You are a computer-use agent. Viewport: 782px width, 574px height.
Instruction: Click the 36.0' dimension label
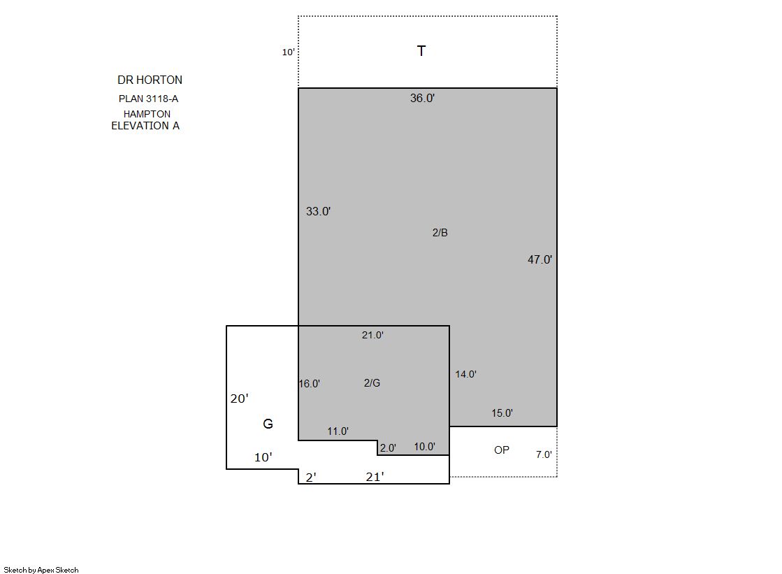click(422, 98)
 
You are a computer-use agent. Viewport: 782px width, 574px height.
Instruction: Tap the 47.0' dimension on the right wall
click(540, 259)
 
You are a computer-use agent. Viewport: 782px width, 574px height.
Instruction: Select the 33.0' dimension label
click(318, 211)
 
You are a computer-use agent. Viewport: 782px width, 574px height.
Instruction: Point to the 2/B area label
click(440, 233)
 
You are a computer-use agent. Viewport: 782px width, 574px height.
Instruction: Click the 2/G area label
click(372, 383)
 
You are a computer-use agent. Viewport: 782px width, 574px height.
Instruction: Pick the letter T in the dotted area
click(421, 51)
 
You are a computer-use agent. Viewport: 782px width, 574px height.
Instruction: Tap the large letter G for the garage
click(268, 424)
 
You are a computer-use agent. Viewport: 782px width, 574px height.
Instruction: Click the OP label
click(502, 450)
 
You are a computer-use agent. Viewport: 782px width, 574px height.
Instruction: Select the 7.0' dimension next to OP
click(544, 454)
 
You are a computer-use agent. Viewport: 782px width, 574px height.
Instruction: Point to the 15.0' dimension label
click(502, 412)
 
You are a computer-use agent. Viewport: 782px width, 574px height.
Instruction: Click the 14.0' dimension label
click(466, 374)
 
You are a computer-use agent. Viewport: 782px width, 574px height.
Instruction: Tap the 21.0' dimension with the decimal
click(372, 335)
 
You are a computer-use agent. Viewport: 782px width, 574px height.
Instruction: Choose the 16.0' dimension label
click(309, 383)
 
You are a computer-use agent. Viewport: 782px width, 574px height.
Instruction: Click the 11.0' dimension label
click(338, 431)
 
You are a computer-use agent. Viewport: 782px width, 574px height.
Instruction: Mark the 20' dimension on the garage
click(240, 399)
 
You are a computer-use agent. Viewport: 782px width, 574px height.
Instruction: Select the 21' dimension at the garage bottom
click(375, 477)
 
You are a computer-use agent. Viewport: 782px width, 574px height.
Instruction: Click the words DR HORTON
click(150, 80)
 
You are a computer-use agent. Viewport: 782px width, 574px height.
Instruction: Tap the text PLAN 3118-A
click(149, 99)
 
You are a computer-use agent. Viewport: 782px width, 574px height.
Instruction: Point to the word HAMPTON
click(147, 114)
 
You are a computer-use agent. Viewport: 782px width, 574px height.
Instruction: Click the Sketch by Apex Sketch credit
click(41, 570)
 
